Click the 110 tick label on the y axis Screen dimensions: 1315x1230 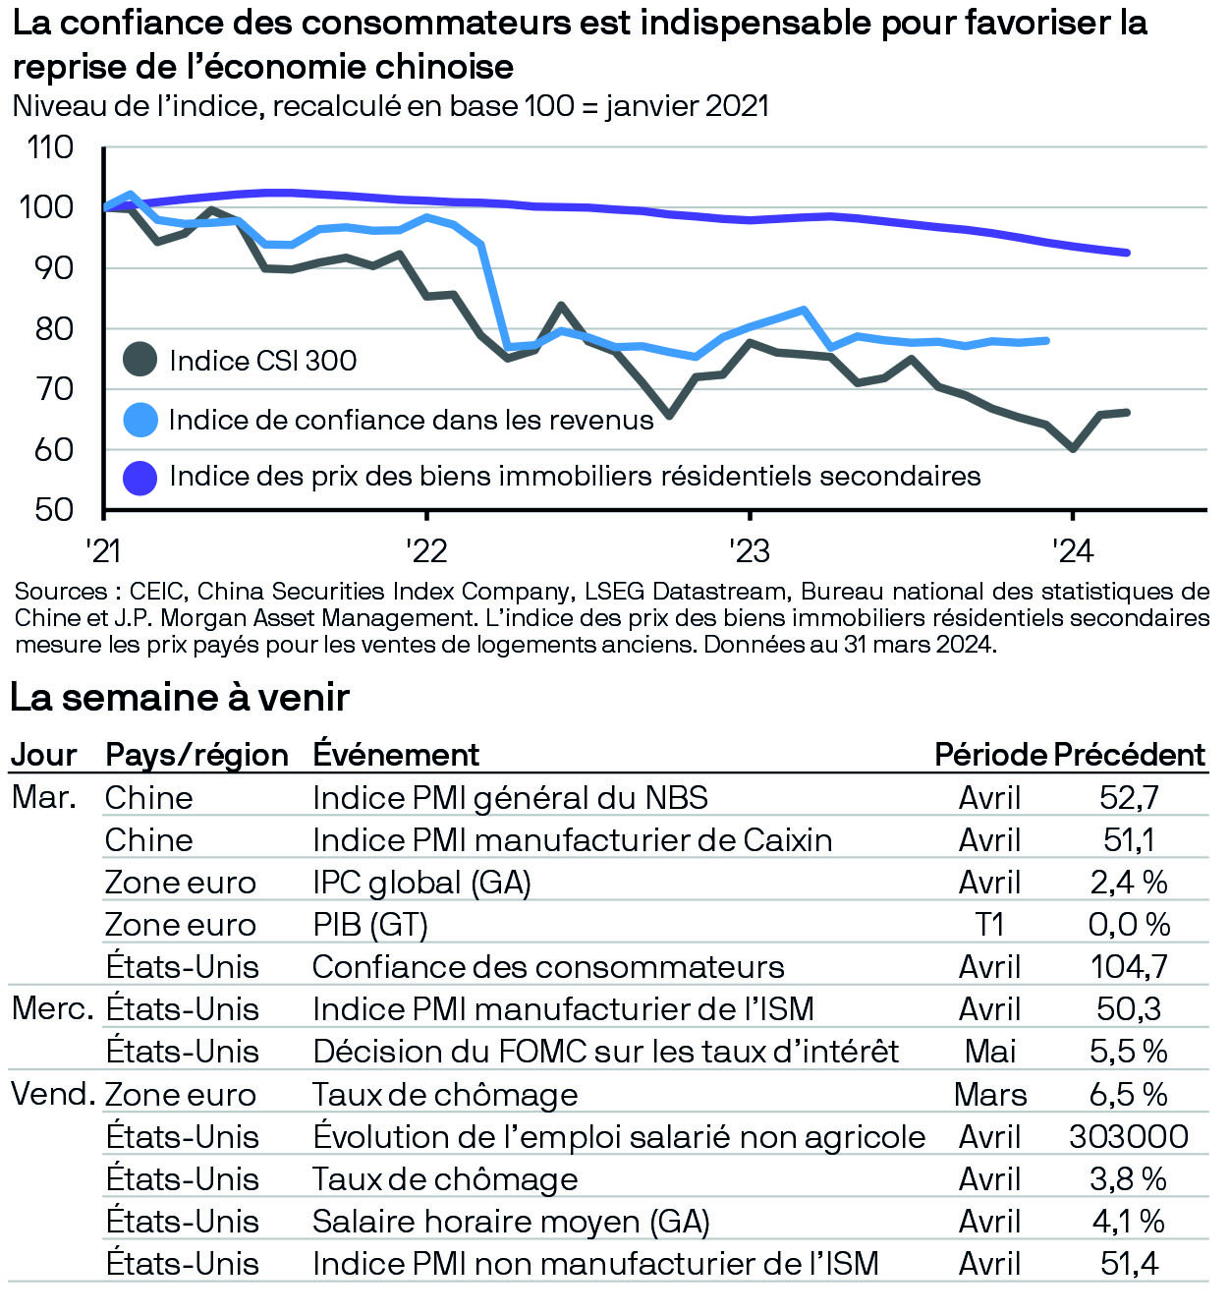50,147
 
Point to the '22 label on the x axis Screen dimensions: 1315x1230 426,550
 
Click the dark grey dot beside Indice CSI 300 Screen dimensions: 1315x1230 140,360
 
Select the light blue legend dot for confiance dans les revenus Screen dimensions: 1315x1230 140,420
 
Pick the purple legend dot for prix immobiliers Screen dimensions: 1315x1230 140,477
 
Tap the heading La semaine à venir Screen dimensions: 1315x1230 180,698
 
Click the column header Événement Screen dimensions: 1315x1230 396,755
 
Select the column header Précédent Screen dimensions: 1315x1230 1129,755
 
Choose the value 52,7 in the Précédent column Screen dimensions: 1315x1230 1129,797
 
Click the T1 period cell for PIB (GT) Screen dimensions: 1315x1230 989,925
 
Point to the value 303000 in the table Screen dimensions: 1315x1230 1129,1137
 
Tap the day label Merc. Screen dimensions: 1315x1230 52,1008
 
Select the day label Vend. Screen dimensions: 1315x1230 53,1094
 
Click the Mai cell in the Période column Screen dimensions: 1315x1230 989,1052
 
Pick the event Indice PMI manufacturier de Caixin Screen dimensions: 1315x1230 572,840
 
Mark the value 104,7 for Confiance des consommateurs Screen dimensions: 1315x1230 1129,967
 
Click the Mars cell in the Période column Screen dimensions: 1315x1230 989,1095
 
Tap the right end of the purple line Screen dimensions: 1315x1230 1126,253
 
